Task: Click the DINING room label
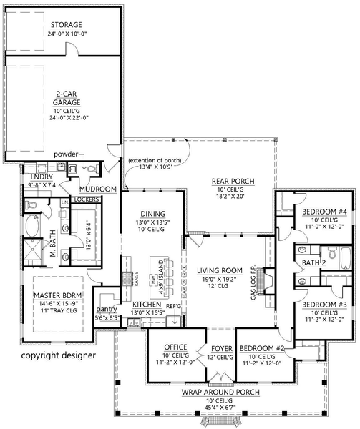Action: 153,214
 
